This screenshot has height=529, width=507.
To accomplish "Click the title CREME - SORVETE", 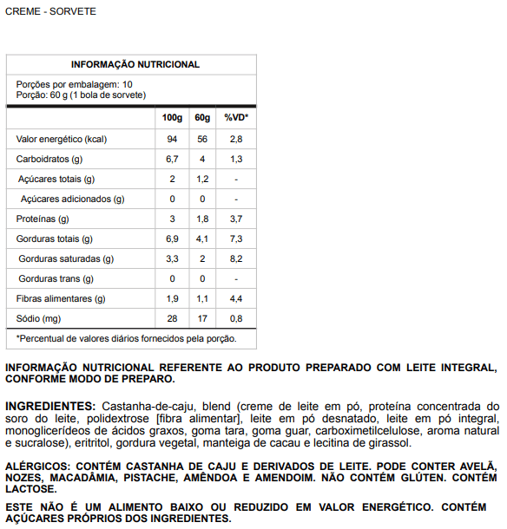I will coord(51,11).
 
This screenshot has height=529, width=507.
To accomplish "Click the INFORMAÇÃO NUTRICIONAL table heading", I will coord(135,64).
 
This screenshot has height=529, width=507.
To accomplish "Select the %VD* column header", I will coord(235,117).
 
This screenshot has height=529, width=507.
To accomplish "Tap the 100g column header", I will coord(172,117).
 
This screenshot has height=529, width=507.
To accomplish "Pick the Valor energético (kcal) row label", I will coord(61,139).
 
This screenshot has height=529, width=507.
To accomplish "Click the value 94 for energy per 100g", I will coord(172,139).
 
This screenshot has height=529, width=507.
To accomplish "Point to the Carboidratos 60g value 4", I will coord(202,159).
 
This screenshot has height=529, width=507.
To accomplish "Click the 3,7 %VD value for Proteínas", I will coord(235,219).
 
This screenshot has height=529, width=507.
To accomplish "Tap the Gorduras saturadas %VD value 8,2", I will coord(235,258).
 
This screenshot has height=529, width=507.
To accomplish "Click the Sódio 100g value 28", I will coord(172,318).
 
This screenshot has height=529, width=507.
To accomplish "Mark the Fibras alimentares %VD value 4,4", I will coord(235,298).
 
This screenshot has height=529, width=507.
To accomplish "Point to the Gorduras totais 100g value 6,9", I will coord(172,238).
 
